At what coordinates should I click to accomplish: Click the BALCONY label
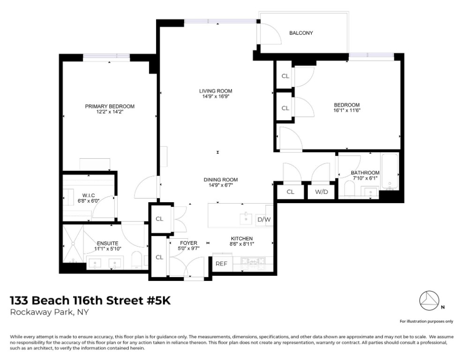click(x=301, y=33)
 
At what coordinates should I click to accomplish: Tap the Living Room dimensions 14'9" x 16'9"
click(x=216, y=96)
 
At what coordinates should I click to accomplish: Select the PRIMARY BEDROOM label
click(x=110, y=106)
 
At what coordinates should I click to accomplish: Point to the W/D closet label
click(x=321, y=192)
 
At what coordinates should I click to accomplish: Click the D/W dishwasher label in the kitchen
click(x=264, y=220)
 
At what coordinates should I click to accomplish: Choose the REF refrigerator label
click(x=221, y=264)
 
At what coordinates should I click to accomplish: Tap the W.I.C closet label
click(x=89, y=195)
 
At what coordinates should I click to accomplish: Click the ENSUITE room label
click(x=108, y=243)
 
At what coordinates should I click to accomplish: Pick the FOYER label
click(x=189, y=243)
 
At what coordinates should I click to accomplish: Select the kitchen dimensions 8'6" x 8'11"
click(x=242, y=244)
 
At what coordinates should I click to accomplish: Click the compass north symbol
click(x=430, y=301)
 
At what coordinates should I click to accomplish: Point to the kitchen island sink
click(x=246, y=219)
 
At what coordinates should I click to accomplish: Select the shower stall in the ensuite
click(x=73, y=244)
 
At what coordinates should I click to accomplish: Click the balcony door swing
click(x=271, y=33)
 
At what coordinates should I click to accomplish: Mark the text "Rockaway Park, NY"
click(x=49, y=312)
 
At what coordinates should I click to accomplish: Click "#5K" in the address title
click(x=158, y=301)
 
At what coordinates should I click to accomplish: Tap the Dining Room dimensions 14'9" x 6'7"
click(x=221, y=185)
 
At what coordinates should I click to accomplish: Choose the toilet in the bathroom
click(x=349, y=188)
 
